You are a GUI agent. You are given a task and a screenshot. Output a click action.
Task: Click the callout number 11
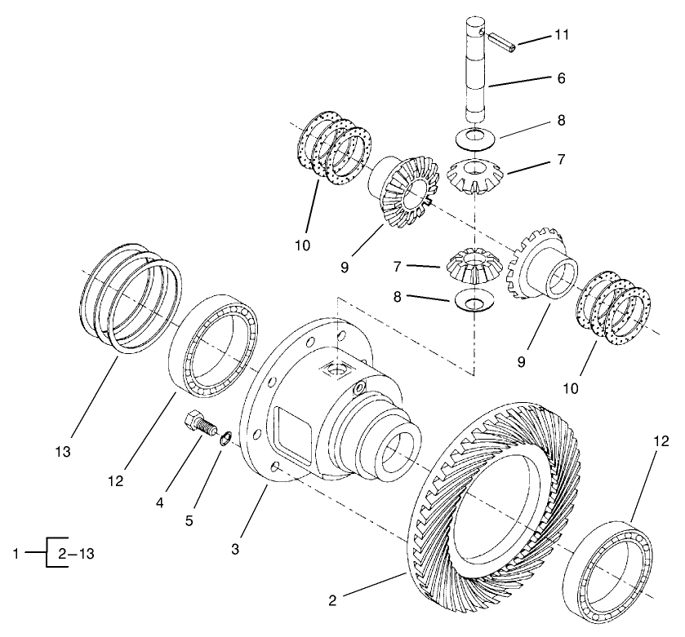coord(562,36)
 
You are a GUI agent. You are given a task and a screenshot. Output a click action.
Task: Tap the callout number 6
coord(560,78)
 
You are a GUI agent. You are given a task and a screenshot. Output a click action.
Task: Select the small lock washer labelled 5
coord(226,440)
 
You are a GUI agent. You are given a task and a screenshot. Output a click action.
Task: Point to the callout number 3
coord(235,549)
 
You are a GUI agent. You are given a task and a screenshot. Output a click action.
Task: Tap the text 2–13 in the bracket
coord(76,553)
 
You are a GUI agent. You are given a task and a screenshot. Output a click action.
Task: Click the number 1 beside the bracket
coord(16,553)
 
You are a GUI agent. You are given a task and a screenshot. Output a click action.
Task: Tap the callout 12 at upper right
coord(660,442)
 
